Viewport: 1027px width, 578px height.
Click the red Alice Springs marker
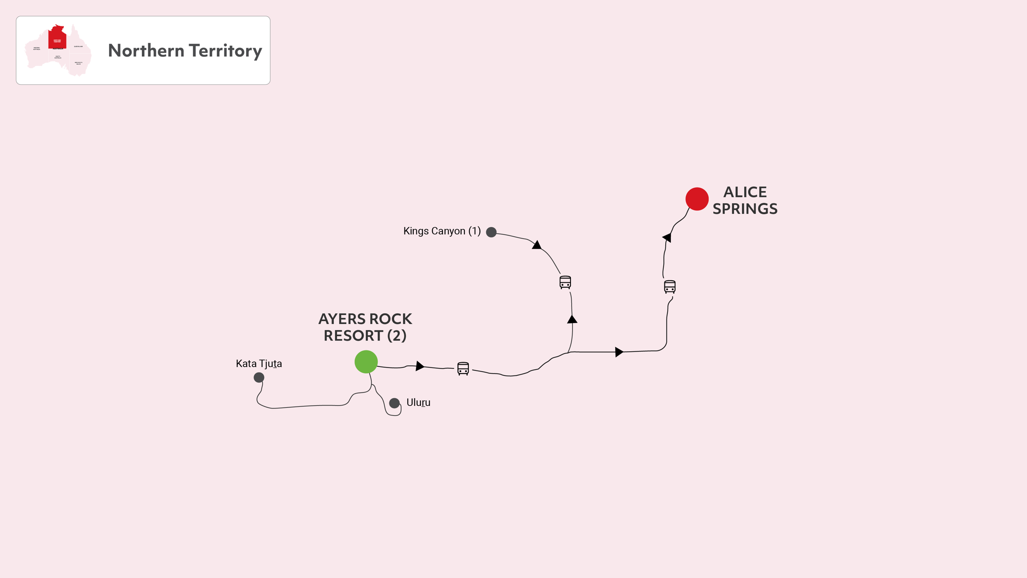(x=697, y=199)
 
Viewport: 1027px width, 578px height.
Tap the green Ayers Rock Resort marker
(x=366, y=362)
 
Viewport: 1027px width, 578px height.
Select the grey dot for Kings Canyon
(x=491, y=232)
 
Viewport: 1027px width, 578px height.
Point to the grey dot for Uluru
(x=394, y=403)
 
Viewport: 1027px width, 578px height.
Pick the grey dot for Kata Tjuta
(x=259, y=377)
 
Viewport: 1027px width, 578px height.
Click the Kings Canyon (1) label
(x=442, y=231)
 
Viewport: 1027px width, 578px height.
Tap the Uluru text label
(x=418, y=402)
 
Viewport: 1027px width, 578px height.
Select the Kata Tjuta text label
(x=259, y=364)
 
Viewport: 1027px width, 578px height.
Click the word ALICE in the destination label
(x=745, y=192)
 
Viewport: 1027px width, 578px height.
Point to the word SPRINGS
(x=745, y=209)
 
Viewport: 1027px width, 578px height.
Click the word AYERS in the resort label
(x=342, y=319)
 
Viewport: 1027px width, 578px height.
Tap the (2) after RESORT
(x=397, y=336)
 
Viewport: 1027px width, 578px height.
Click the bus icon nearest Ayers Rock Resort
(x=463, y=368)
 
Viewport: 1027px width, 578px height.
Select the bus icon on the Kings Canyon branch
(x=565, y=282)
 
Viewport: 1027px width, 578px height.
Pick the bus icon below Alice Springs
(x=669, y=286)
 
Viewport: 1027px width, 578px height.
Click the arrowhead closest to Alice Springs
(x=667, y=237)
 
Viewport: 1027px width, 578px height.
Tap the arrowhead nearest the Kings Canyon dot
(x=536, y=245)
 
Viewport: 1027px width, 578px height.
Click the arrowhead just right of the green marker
(x=420, y=366)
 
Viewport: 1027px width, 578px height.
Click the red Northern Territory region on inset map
(x=57, y=38)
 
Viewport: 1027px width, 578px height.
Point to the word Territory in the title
(x=225, y=51)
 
